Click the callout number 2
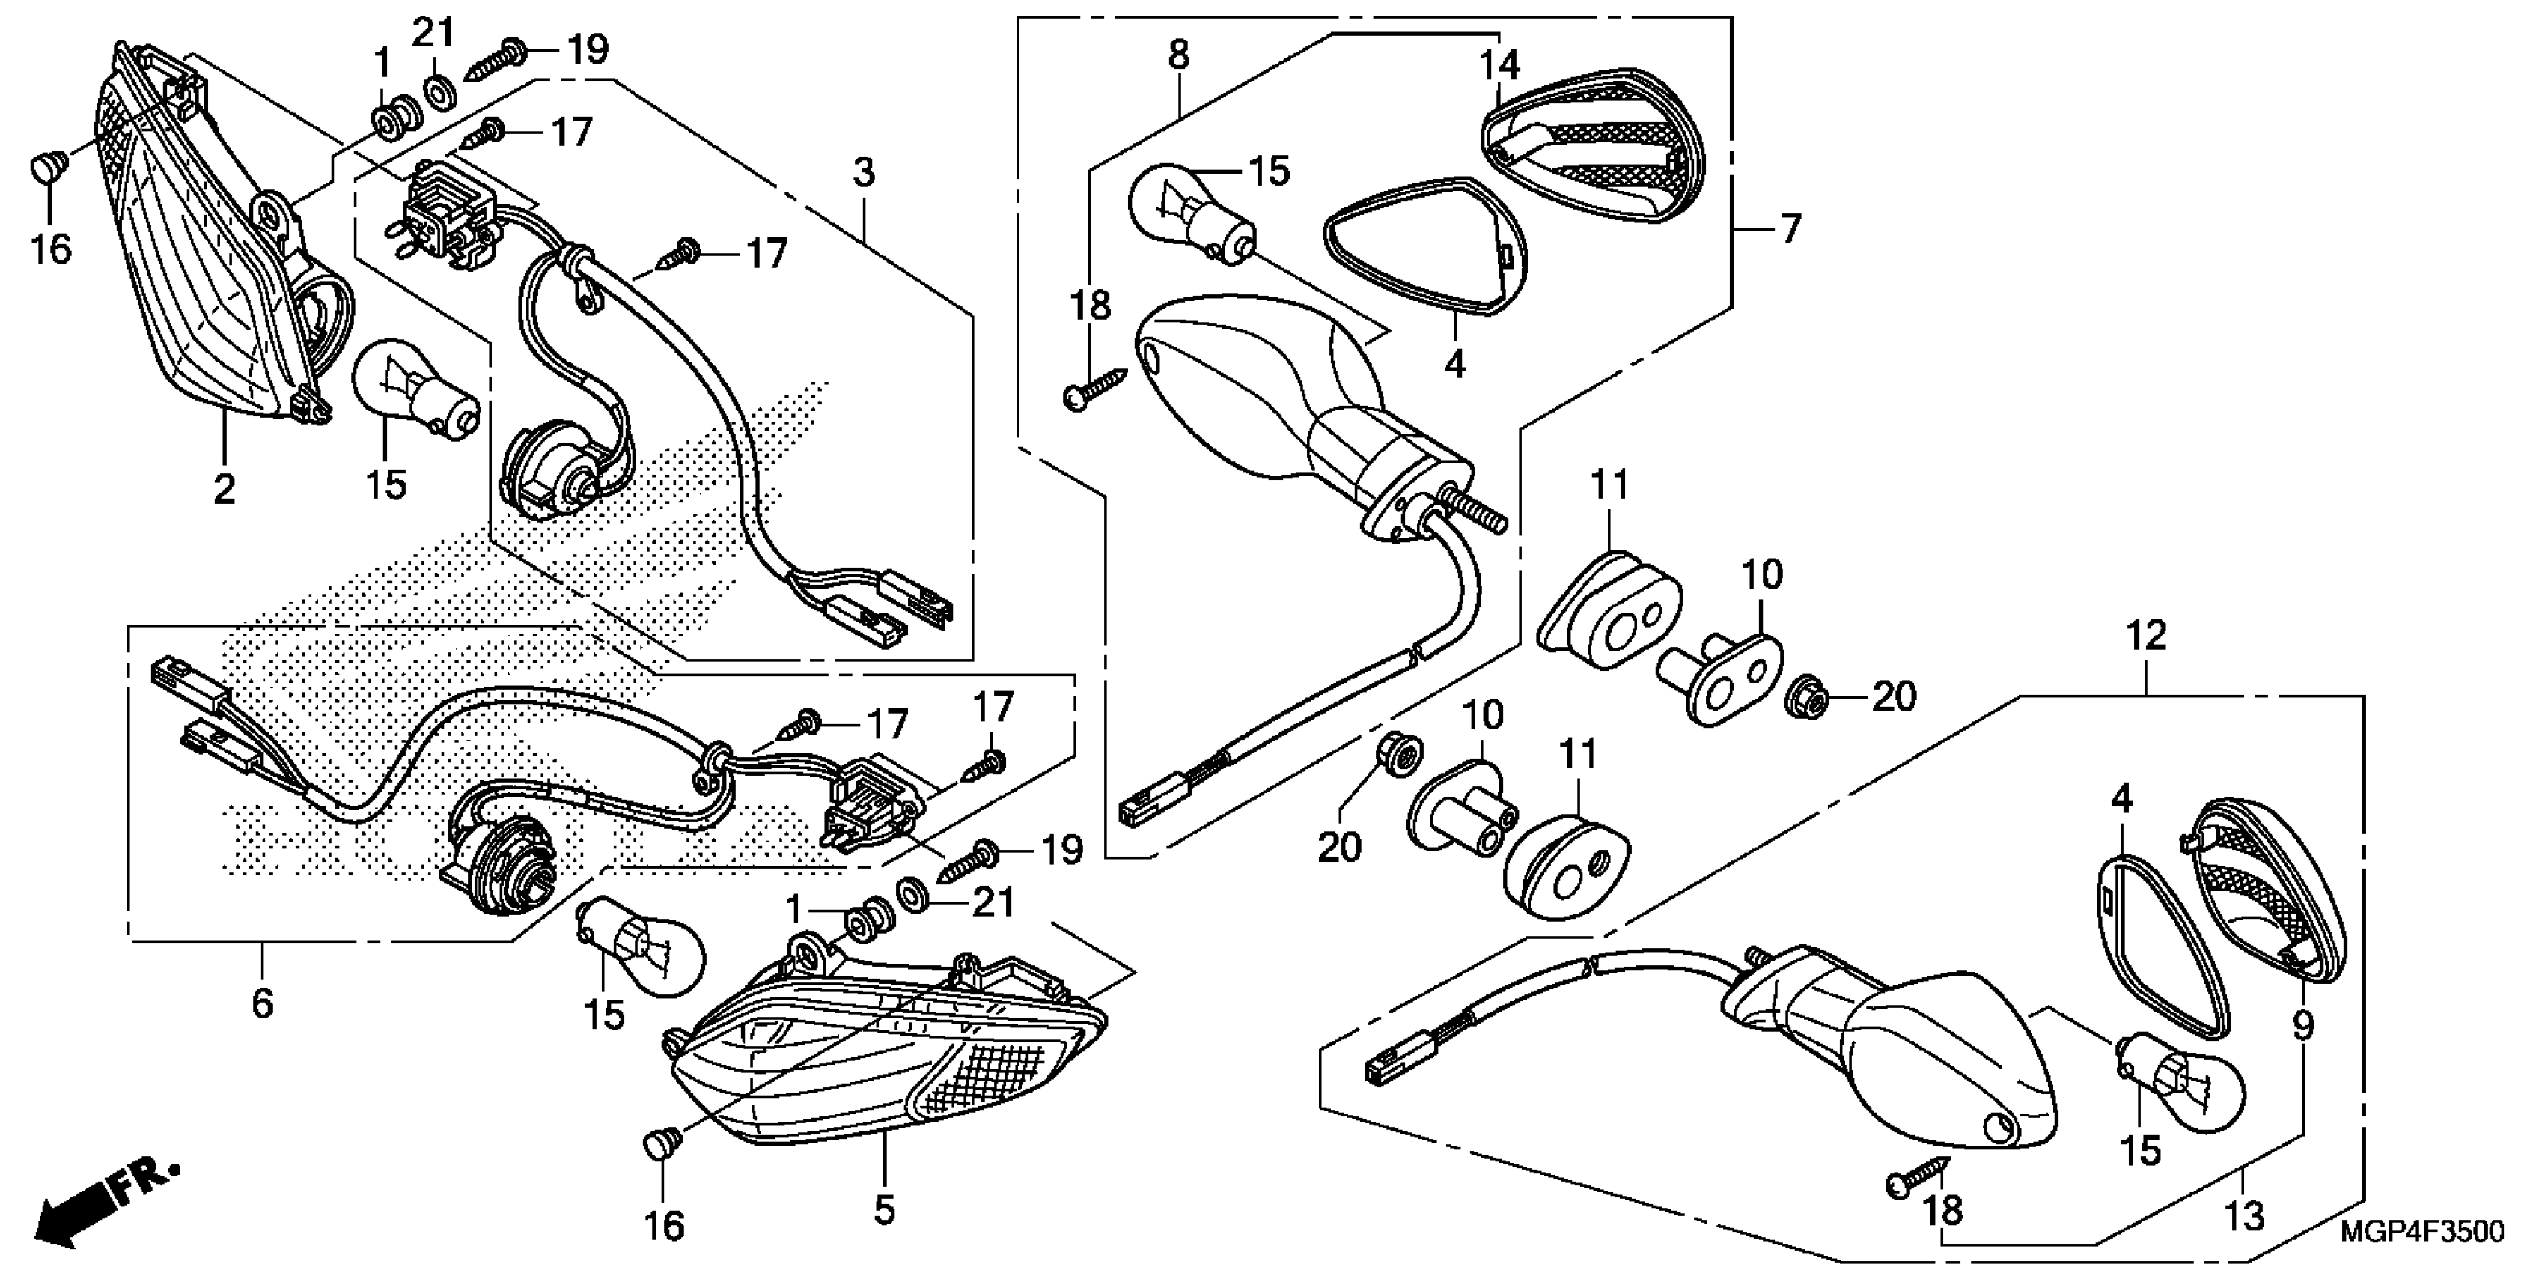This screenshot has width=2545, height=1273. (x=225, y=488)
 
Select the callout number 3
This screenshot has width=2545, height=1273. (x=864, y=173)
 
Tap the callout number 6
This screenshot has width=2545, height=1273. (x=262, y=1003)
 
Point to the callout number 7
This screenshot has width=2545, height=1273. (x=1790, y=228)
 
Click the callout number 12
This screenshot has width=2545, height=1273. (x=2146, y=636)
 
